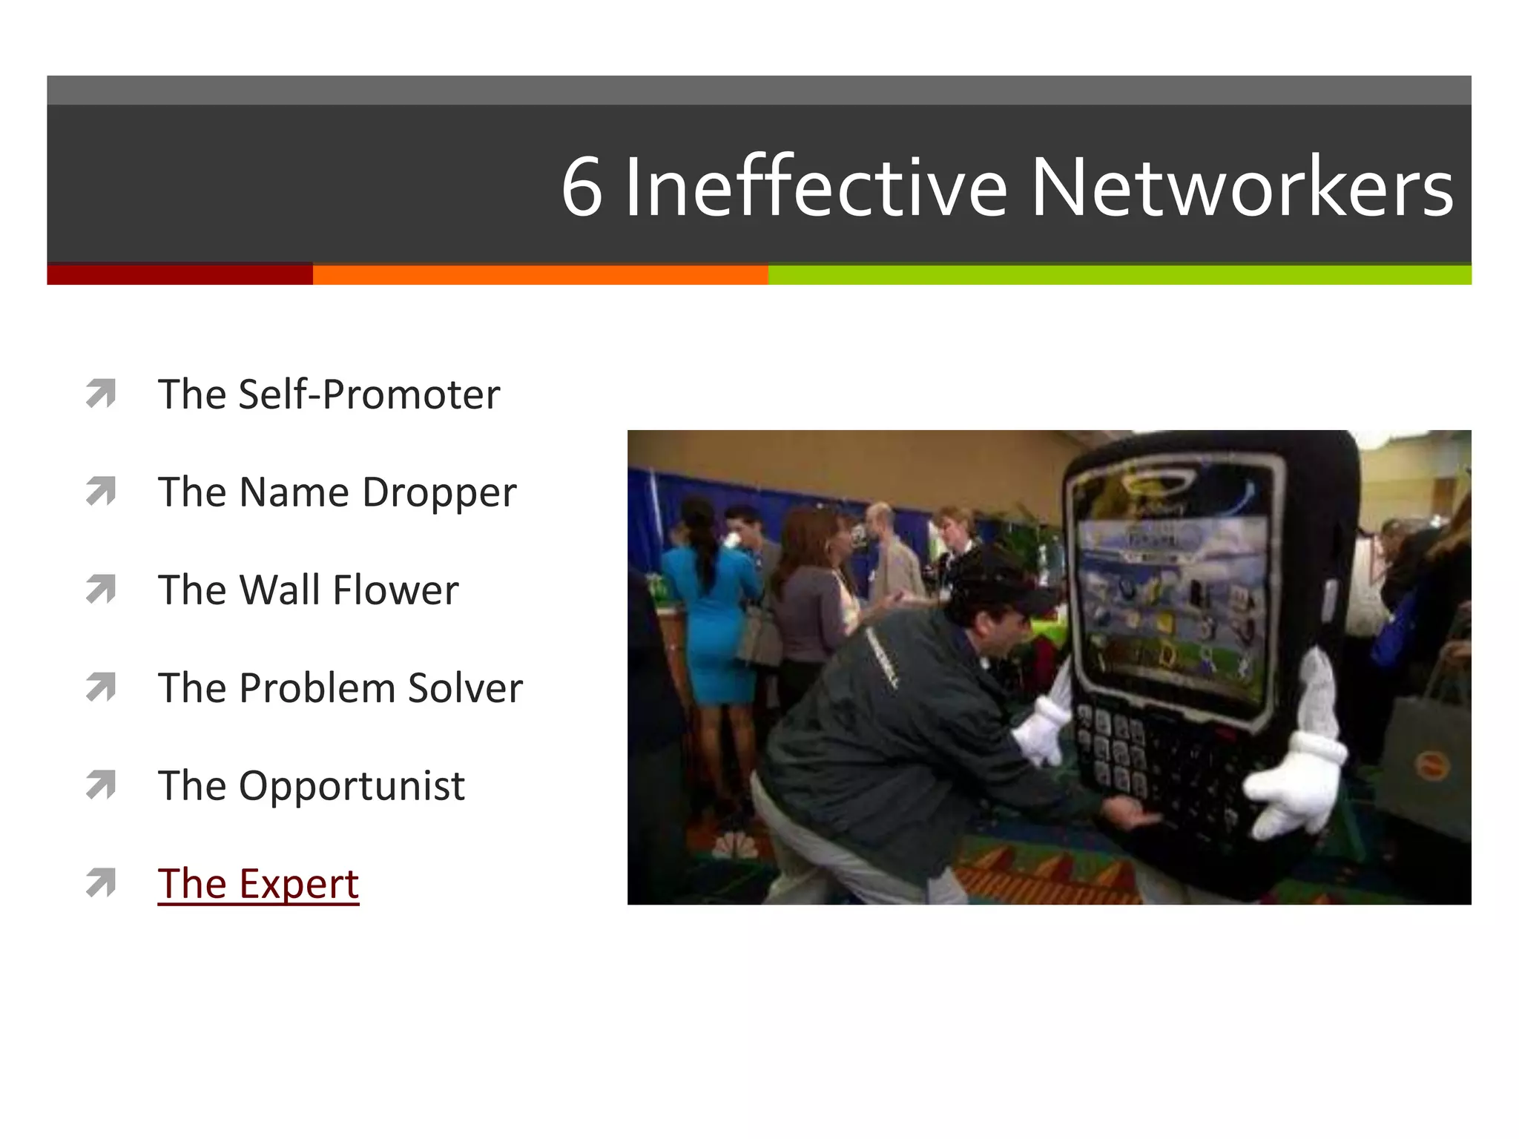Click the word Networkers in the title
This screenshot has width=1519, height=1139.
click(x=1242, y=188)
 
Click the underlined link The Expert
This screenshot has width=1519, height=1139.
click(x=258, y=883)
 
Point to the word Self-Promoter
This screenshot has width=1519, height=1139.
click(x=369, y=394)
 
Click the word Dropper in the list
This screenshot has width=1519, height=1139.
click(x=439, y=492)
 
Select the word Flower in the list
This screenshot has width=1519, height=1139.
click(x=395, y=590)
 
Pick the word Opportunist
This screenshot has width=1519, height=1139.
click(x=352, y=786)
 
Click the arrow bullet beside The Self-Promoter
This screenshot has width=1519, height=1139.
click(x=101, y=393)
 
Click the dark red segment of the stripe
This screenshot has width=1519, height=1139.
click(x=179, y=274)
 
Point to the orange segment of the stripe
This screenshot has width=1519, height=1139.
click(x=540, y=274)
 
